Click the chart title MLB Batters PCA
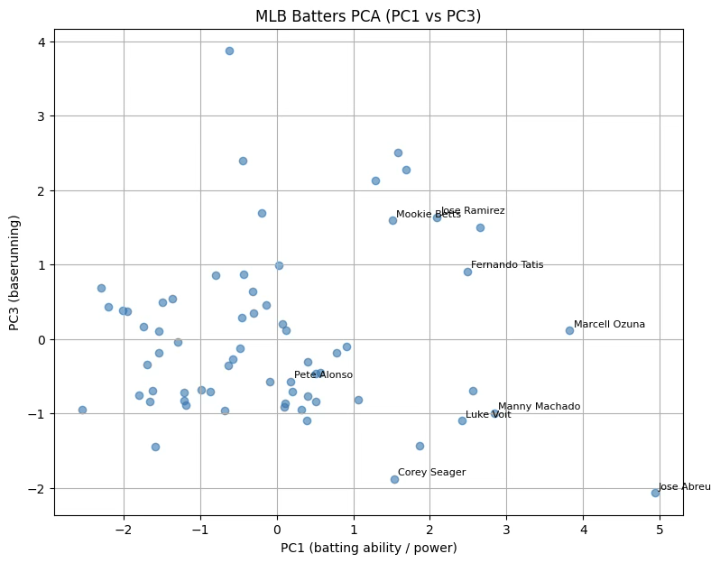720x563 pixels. [x=368, y=16]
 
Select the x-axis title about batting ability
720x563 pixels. [x=368, y=548]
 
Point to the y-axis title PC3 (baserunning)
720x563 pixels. [x=15, y=272]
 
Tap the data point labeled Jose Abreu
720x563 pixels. [x=655, y=493]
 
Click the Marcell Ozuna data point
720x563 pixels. [x=569, y=330]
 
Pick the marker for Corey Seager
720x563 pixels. [x=394, y=479]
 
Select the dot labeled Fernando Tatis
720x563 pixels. [x=467, y=272]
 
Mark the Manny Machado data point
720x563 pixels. [x=494, y=413]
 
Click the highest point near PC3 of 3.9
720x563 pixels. [x=229, y=51]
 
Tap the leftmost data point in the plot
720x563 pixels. [x=82, y=410]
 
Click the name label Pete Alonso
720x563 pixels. [x=323, y=374]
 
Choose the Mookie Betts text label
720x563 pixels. [x=428, y=215]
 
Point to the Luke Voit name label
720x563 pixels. [x=488, y=415]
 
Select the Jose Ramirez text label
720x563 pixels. [x=472, y=210]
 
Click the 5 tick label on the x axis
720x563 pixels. [x=660, y=529]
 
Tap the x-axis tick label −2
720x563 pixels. [x=124, y=529]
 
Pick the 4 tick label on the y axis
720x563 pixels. [x=42, y=42]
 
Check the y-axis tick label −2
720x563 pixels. [x=38, y=488]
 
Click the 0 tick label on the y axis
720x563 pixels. [x=42, y=339]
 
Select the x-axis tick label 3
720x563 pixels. [x=506, y=529]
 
